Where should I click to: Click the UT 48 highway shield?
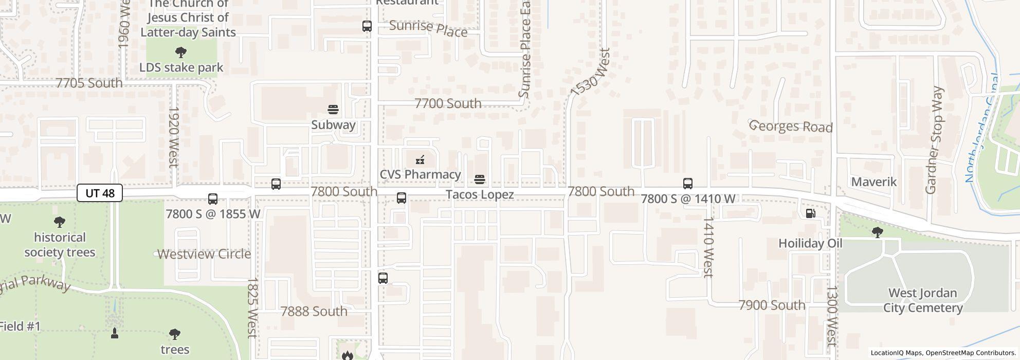pos(100,193)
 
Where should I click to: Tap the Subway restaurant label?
pos(333,125)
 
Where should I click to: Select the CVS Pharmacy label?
pos(420,174)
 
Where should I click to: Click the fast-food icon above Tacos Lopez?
pos(480,179)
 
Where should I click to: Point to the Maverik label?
pos(873,182)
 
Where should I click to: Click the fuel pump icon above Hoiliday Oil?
pos(810,213)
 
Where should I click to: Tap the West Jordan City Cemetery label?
pos(922,300)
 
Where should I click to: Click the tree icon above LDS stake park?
pos(180,52)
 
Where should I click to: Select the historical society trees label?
pos(60,245)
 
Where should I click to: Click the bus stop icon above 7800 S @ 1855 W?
pos(213,199)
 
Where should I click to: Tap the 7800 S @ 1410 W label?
pos(688,199)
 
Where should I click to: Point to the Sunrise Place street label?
pos(428,29)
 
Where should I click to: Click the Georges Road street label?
pos(791,126)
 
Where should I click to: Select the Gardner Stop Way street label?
pos(934,140)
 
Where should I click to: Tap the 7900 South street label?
pos(772,305)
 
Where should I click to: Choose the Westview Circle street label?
pos(204,254)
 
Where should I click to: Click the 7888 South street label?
pos(314,311)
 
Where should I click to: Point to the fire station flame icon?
pos(347,355)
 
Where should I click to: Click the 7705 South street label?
pos(89,83)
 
